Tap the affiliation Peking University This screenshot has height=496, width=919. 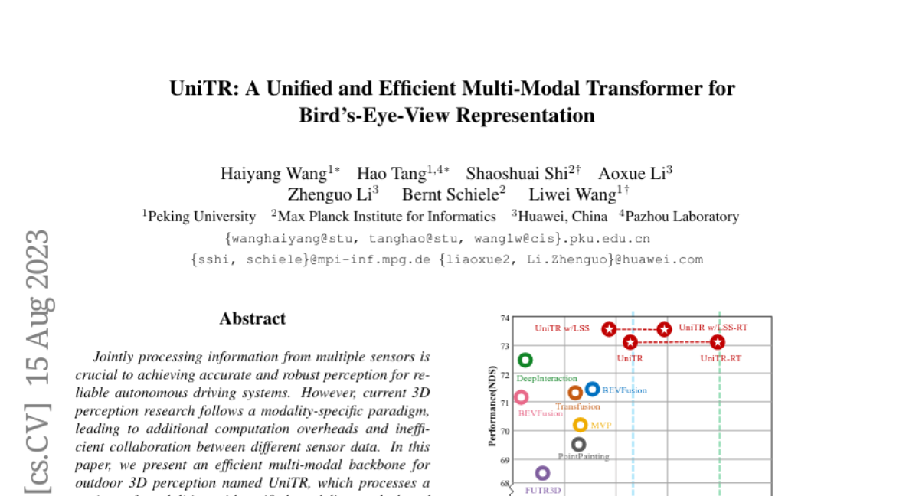(x=201, y=217)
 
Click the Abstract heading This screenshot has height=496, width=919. (x=253, y=318)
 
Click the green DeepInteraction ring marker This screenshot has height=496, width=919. (x=525, y=360)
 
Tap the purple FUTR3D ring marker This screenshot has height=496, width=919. (x=542, y=473)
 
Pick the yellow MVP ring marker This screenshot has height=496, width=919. (x=580, y=425)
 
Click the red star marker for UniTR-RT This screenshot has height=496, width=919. (x=718, y=342)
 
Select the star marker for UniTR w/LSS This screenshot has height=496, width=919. (x=609, y=329)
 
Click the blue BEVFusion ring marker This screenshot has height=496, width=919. (x=592, y=389)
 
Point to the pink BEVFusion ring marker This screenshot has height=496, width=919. (x=521, y=397)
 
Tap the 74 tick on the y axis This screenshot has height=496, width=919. (x=505, y=318)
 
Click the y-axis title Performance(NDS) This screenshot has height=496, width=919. (x=493, y=406)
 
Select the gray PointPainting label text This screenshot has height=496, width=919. (x=584, y=457)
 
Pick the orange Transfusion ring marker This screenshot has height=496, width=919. (x=575, y=393)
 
